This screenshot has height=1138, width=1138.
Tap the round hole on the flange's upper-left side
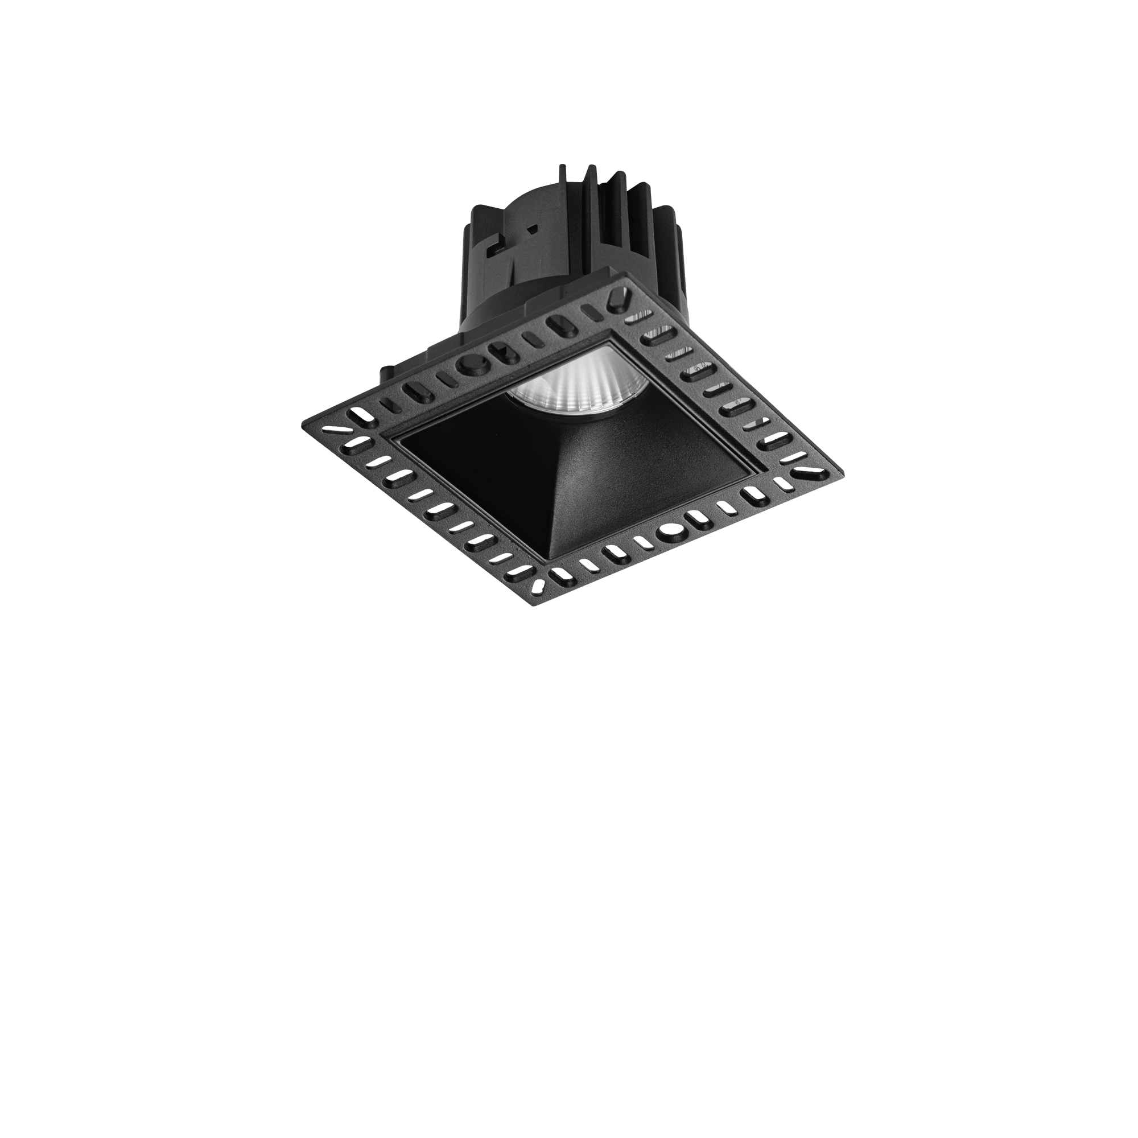[x=472, y=365]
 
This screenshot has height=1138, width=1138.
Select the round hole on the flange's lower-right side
[x=669, y=531]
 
